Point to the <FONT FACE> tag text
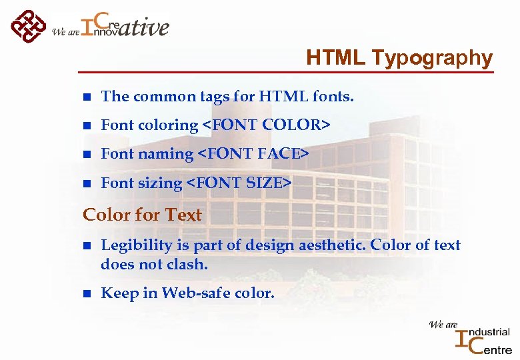click(253, 154)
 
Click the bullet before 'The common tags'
click(86, 97)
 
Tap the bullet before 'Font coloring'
click(86, 126)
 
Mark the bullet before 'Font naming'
click(86, 155)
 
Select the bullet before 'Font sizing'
click(86, 183)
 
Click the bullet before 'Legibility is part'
click(86, 246)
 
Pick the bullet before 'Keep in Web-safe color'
click(86, 294)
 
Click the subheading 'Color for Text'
click(142, 215)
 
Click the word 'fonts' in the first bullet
click(333, 97)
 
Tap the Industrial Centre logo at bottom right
click(482, 337)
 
